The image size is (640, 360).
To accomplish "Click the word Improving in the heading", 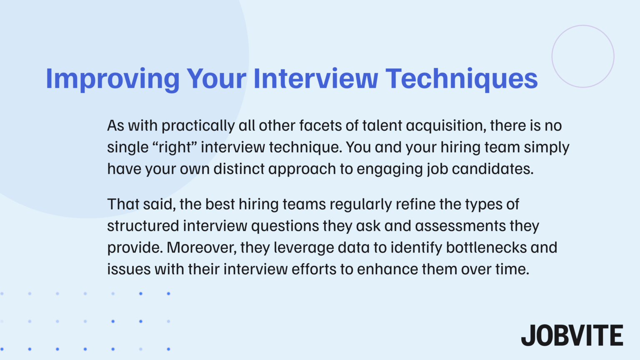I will (112, 79).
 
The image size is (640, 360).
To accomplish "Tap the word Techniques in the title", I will (461, 79).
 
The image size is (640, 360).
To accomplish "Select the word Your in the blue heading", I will (216, 79).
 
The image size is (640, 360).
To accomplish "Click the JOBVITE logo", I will (572, 335).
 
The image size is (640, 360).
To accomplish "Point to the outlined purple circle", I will (583, 56).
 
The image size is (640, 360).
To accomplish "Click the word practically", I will (198, 126).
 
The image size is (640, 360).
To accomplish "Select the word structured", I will (143, 226).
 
